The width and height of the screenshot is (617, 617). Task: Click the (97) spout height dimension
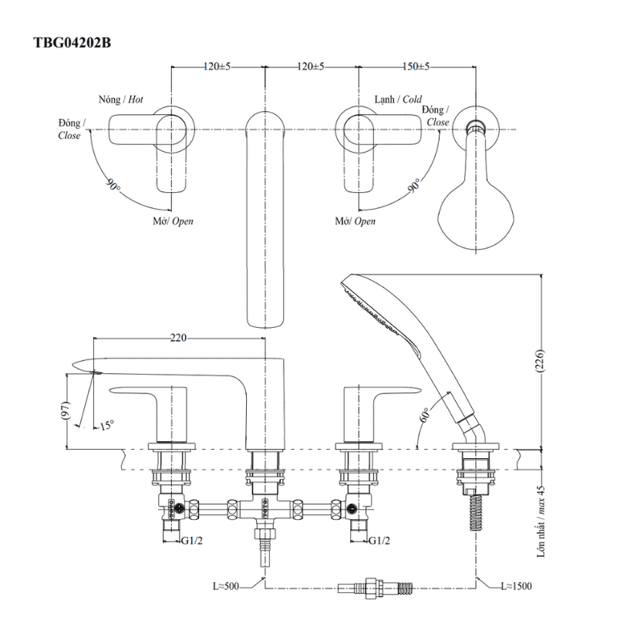68,412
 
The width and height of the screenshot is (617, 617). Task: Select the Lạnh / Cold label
398,100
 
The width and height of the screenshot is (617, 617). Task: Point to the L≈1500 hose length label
516,587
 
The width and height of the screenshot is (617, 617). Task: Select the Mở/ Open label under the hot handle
172,221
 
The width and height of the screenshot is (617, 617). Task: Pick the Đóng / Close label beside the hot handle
70,130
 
